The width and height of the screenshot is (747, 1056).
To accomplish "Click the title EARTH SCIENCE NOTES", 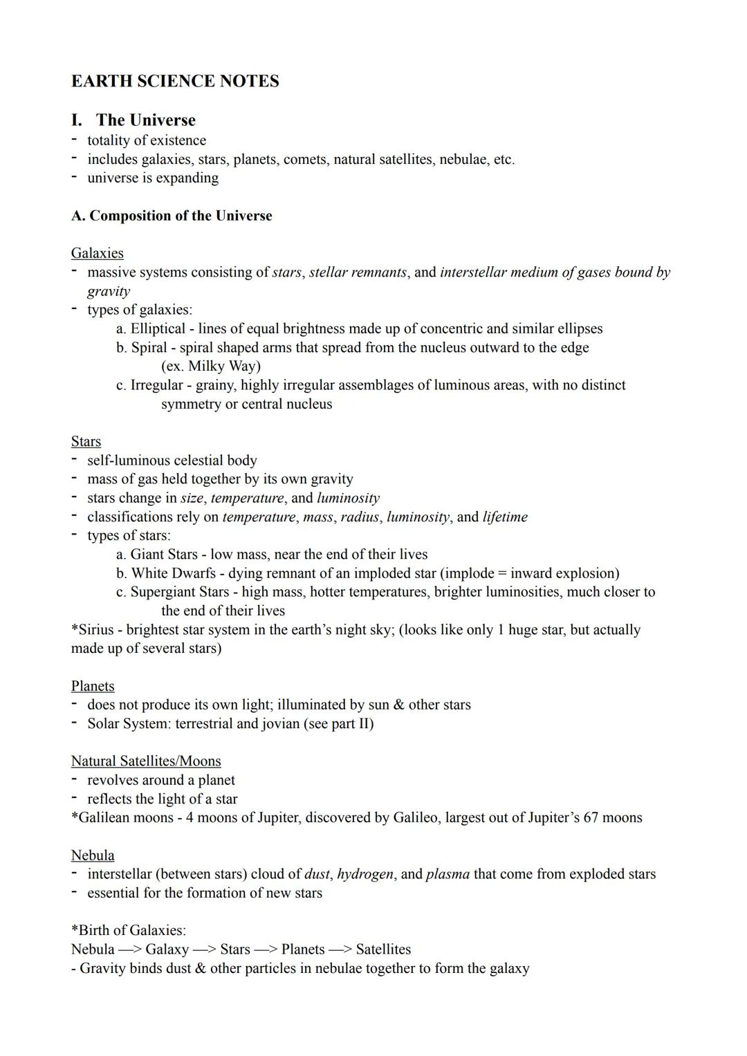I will [x=175, y=82].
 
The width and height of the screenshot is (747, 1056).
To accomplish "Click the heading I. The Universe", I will [x=133, y=120].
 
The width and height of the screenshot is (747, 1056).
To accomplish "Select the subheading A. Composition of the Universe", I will [x=172, y=216].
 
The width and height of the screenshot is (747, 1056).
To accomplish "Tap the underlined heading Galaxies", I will [x=97, y=253].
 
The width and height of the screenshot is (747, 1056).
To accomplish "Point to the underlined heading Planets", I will [x=93, y=686].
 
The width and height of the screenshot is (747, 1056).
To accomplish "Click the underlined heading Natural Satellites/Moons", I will [x=146, y=761].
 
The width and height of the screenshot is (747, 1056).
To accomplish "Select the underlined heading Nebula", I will [x=93, y=855].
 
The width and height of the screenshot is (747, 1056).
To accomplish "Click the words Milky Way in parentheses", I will [x=221, y=367].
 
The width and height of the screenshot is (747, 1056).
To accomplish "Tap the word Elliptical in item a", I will [x=158, y=328].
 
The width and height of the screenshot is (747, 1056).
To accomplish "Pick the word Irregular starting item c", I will [x=156, y=385].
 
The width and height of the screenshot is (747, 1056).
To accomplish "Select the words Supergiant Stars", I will [x=179, y=592].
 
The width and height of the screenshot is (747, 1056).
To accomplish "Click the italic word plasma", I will [x=447, y=874].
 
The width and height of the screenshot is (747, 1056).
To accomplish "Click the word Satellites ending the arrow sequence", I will [x=383, y=950].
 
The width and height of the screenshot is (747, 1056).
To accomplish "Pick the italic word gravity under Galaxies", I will [x=108, y=291].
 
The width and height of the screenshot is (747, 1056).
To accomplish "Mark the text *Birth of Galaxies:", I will [x=129, y=931].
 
